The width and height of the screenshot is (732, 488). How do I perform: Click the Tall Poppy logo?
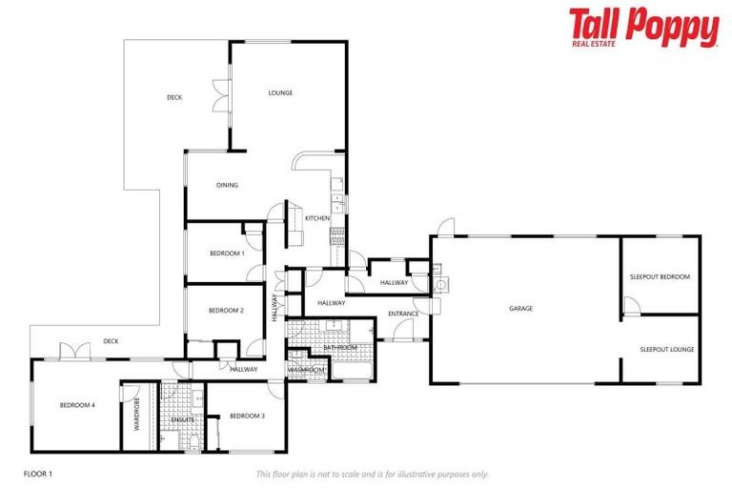[643, 28]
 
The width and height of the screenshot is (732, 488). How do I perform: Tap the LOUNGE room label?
[280, 92]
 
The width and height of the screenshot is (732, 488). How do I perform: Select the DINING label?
[227, 185]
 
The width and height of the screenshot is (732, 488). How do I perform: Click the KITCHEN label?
[317, 218]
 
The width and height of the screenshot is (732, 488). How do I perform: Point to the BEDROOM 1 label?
[227, 254]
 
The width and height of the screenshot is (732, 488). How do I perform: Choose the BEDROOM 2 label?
[227, 310]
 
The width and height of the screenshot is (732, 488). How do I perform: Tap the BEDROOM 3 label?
[247, 416]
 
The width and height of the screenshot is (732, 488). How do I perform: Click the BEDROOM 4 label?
[77, 405]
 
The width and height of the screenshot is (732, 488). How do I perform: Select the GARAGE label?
[520, 308]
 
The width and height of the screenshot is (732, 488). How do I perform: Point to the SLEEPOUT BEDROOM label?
[660, 276]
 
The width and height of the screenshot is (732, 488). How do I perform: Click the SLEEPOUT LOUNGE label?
[667, 349]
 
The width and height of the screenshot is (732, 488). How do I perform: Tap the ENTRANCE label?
[403, 314]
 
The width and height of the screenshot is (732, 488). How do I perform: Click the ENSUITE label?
[183, 419]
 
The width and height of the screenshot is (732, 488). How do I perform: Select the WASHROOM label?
[308, 369]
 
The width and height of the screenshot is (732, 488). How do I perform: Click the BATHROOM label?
[339, 348]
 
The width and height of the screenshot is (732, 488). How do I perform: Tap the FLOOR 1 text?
[38, 473]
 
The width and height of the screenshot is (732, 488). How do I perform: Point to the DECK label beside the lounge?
[174, 97]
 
